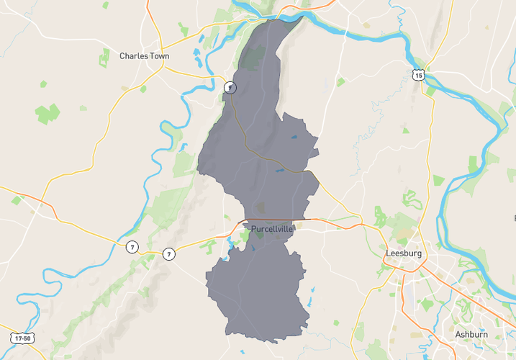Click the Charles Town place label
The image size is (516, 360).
(x=144, y=55)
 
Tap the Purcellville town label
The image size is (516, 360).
(x=272, y=228)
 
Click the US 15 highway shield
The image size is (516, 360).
(x=419, y=74)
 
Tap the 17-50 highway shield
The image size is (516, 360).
(x=22, y=338)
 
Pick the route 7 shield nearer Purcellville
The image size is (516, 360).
(x=168, y=253)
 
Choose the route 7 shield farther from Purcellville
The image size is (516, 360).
(x=132, y=247)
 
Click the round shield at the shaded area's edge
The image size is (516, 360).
(x=230, y=88)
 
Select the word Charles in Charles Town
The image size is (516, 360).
(x=133, y=55)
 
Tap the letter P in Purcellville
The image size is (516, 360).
(x=254, y=229)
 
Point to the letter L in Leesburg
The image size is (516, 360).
(x=389, y=253)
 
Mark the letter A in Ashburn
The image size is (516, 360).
(x=458, y=334)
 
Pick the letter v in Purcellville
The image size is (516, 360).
(x=281, y=229)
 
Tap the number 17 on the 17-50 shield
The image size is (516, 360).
(x=17, y=338)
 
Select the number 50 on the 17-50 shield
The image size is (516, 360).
(x=27, y=338)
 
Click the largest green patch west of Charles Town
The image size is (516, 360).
(x=47, y=113)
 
